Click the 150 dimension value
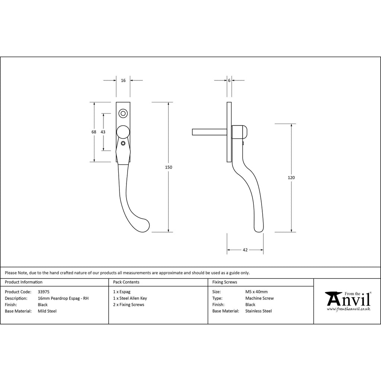click(169, 167)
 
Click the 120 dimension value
click(291, 177)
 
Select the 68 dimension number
click(94, 132)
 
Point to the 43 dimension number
click(103, 132)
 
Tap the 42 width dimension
click(245, 250)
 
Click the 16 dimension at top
click(123, 80)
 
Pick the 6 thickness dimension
click(229, 80)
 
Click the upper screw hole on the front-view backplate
click(123, 113)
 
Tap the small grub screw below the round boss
click(123, 143)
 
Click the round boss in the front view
click(123, 132)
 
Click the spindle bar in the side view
click(209, 132)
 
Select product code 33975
click(44, 292)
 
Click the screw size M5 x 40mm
click(256, 292)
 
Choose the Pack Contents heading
click(126, 282)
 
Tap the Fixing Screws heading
click(224, 282)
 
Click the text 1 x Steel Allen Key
click(130, 298)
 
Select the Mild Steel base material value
click(47, 311)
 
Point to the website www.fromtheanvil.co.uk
click(348, 309)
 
